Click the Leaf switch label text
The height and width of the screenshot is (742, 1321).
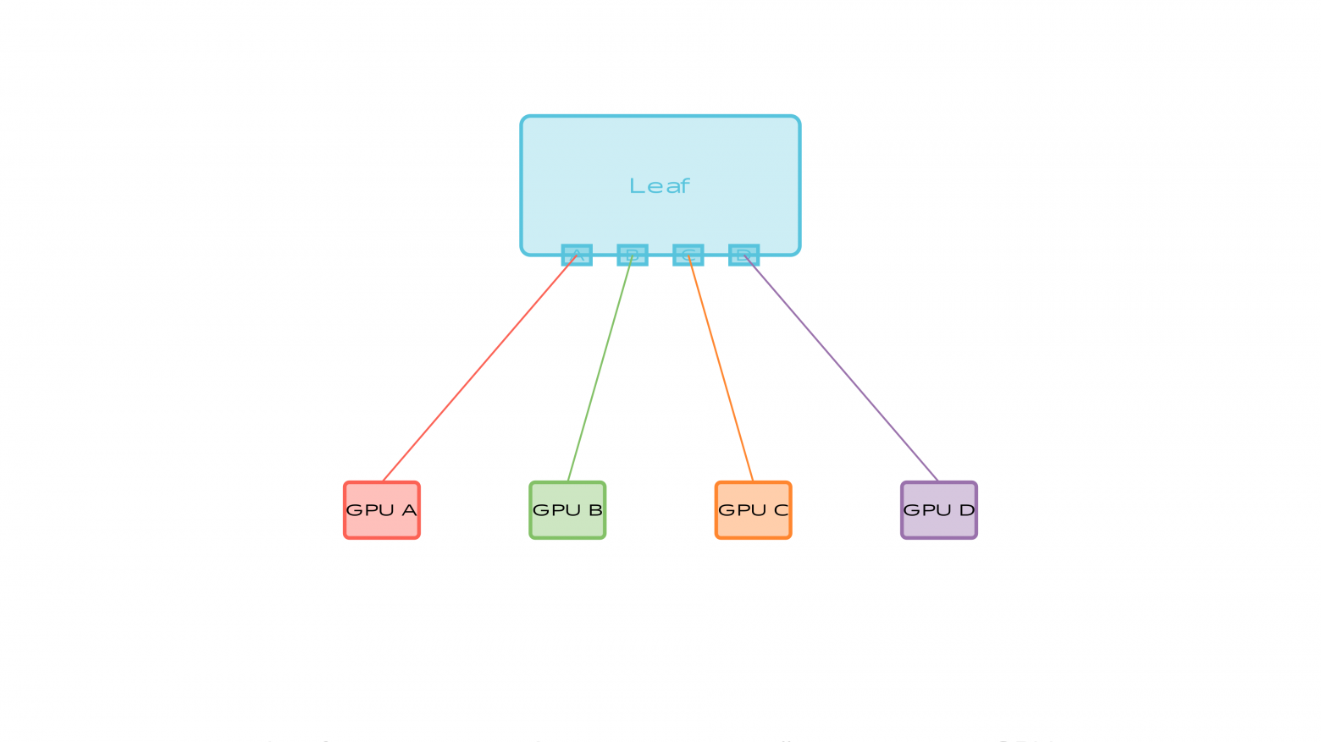pos(660,186)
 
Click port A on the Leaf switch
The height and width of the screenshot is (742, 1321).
pos(577,255)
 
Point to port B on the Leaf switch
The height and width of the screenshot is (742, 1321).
pos(633,255)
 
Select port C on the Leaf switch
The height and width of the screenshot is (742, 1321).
pos(688,255)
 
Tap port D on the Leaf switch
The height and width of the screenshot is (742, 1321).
pos(743,255)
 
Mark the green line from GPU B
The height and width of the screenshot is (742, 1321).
pos(600,368)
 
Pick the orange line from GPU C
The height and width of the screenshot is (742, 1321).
pos(721,368)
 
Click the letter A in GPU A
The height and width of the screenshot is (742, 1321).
pos(409,510)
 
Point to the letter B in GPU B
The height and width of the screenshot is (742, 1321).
pos(594,510)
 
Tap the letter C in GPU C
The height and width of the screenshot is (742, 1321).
pos(781,510)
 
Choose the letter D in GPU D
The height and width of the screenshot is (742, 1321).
pos(966,510)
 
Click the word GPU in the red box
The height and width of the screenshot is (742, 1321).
pos(371,510)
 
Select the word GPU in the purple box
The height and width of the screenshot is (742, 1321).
pos(928,510)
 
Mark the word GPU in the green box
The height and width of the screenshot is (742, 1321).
pos(556,510)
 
